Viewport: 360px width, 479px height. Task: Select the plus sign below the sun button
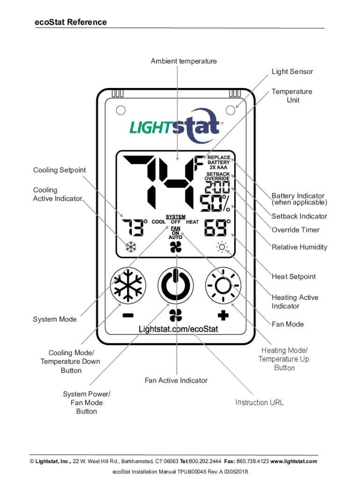pyautogui.click(x=223, y=315)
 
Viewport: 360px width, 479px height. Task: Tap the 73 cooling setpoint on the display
pyautogui.click(x=132, y=228)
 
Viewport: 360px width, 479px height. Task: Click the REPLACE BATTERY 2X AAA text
pyautogui.click(x=218, y=162)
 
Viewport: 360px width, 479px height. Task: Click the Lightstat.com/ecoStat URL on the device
pyautogui.click(x=178, y=329)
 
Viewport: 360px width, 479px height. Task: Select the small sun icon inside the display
pyautogui.click(x=222, y=247)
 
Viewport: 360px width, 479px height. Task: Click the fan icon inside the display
pyautogui.click(x=175, y=247)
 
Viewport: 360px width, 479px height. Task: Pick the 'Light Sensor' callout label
pyautogui.click(x=292, y=72)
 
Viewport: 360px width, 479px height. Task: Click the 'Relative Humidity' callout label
pyautogui.click(x=299, y=247)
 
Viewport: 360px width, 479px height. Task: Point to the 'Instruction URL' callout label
pyautogui.click(x=259, y=402)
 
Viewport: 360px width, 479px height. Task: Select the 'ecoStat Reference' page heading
pyautogui.click(x=71, y=22)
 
